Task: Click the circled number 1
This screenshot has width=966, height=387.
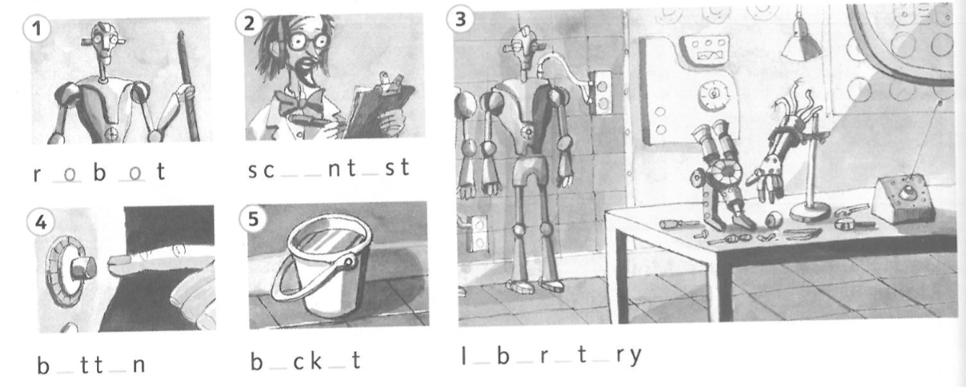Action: click(36, 28)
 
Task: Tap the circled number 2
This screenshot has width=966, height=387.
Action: click(249, 23)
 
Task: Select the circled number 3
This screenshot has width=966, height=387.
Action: click(460, 19)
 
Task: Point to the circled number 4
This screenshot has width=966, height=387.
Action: click(40, 222)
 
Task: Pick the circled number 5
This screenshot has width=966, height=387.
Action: click(253, 219)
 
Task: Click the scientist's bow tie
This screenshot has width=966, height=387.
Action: click(301, 102)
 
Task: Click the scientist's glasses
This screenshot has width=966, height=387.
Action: click(308, 41)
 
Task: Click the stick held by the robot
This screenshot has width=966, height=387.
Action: click(189, 86)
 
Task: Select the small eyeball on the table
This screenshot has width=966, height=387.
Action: click(772, 218)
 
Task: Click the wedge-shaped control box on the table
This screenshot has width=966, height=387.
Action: click(902, 199)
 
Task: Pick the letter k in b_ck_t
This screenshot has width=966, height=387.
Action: click(315, 360)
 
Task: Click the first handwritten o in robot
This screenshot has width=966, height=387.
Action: click(69, 174)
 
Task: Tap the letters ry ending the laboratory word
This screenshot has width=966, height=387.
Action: click(629, 356)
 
